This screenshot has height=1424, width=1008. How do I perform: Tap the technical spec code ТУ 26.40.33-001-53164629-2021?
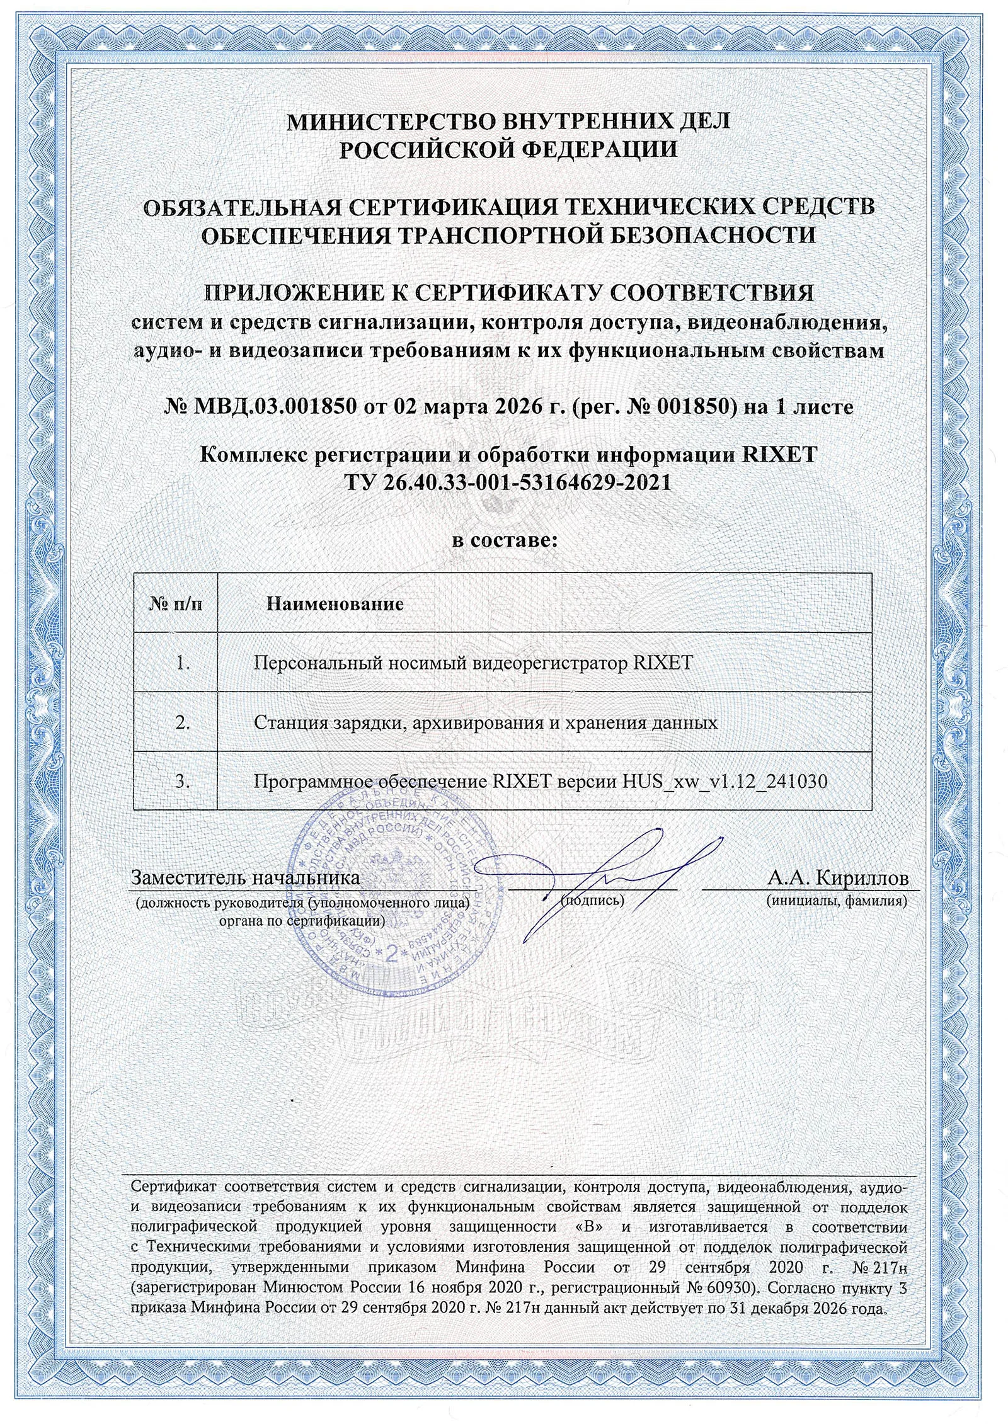coord(507,482)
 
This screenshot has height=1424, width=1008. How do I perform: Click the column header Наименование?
coord(335,605)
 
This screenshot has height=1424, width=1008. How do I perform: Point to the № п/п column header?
coord(176,605)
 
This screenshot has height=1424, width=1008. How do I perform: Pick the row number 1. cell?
coord(183,663)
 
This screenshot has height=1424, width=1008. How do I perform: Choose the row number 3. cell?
coord(183,782)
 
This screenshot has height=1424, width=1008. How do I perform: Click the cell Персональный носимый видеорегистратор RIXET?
coord(473,663)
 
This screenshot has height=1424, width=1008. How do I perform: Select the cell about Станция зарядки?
coord(486,722)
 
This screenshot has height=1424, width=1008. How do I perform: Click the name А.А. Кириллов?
coord(838,878)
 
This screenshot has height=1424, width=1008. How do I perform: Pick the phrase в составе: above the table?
coord(505,540)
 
